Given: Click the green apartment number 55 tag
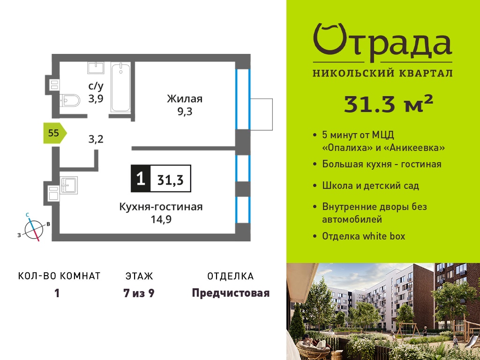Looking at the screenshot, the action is click(55, 133).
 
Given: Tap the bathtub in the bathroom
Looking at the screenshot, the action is click(121, 87).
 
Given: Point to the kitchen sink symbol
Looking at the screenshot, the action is click(69, 185).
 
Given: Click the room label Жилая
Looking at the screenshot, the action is click(185, 99).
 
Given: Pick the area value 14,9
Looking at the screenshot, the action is click(161, 219).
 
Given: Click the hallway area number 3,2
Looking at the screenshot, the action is click(96, 139).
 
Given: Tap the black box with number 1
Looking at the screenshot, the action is click(141, 179).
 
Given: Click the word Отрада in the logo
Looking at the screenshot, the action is click(382, 40).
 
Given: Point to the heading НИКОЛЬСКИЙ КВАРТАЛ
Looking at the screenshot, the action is click(382, 73).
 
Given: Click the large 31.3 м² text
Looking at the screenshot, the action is click(389, 104).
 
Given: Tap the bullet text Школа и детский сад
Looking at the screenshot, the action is click(370, 186).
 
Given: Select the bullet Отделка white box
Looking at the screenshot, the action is click(364, 236).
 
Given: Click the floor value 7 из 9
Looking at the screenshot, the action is click(139, 293).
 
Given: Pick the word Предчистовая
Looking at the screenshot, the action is click(231, 293).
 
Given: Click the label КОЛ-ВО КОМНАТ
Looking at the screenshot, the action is click(60, 276).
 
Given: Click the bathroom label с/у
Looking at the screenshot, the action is click(96, 86).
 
